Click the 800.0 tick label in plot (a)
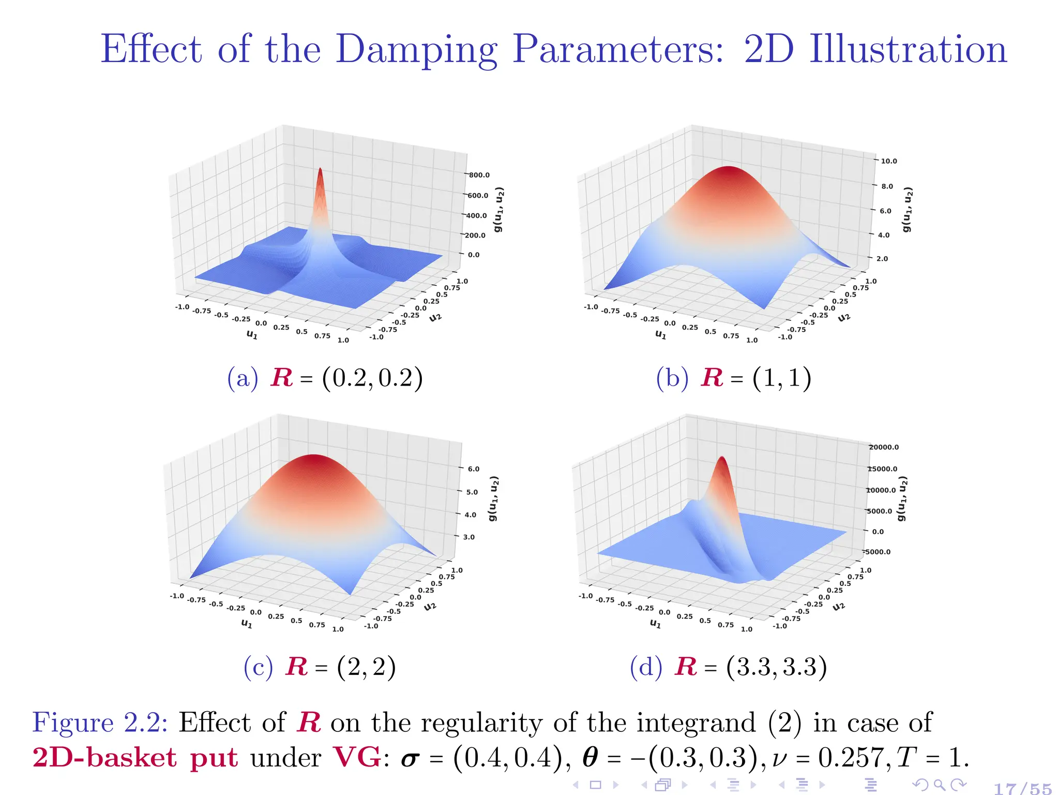point(479,175)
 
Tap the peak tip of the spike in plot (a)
point(320,169)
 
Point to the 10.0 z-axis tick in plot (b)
point(888,161)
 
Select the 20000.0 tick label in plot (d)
point(884,447)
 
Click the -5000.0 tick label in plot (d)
point(878,552)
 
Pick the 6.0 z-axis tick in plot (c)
point(473,469)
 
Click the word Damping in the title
point(416,50)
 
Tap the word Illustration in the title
point(908,50)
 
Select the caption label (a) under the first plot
point(243,378)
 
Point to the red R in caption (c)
point(297,667)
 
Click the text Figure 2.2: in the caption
point(100,723)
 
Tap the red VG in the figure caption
point(357,758)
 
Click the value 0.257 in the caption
point(854,758)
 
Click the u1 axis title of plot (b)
point(660,335)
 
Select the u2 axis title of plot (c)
point(430,606)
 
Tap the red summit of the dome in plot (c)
point(313,457)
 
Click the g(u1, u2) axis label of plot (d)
point(902,498)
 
